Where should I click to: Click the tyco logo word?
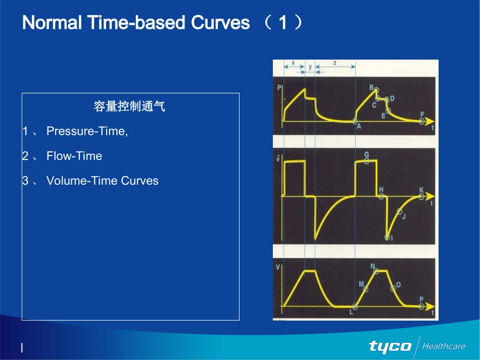(390, 346)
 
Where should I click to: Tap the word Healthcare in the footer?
(444, 346)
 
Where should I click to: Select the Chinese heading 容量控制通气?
(129, 107)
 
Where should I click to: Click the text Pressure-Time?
(87, 131)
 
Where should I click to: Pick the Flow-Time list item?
(74, 156)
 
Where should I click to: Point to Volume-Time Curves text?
(102, 181)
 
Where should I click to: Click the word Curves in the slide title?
(220, 23)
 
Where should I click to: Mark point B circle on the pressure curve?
(376, 90)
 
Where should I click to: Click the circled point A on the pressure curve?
(355, 121)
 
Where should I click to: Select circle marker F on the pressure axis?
(421, 121)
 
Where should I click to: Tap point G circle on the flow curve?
(366, 161)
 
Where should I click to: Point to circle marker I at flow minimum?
(387, 237)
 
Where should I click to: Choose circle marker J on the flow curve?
(400, 211)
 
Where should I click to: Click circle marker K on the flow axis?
(421, 197)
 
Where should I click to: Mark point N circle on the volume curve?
(376, 271)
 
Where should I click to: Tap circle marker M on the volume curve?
(365, 289)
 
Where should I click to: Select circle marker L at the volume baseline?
(355, 306)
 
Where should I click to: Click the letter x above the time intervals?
(293, 63)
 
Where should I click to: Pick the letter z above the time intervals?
(334, 63)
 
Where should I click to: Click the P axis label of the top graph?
(279, 88)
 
